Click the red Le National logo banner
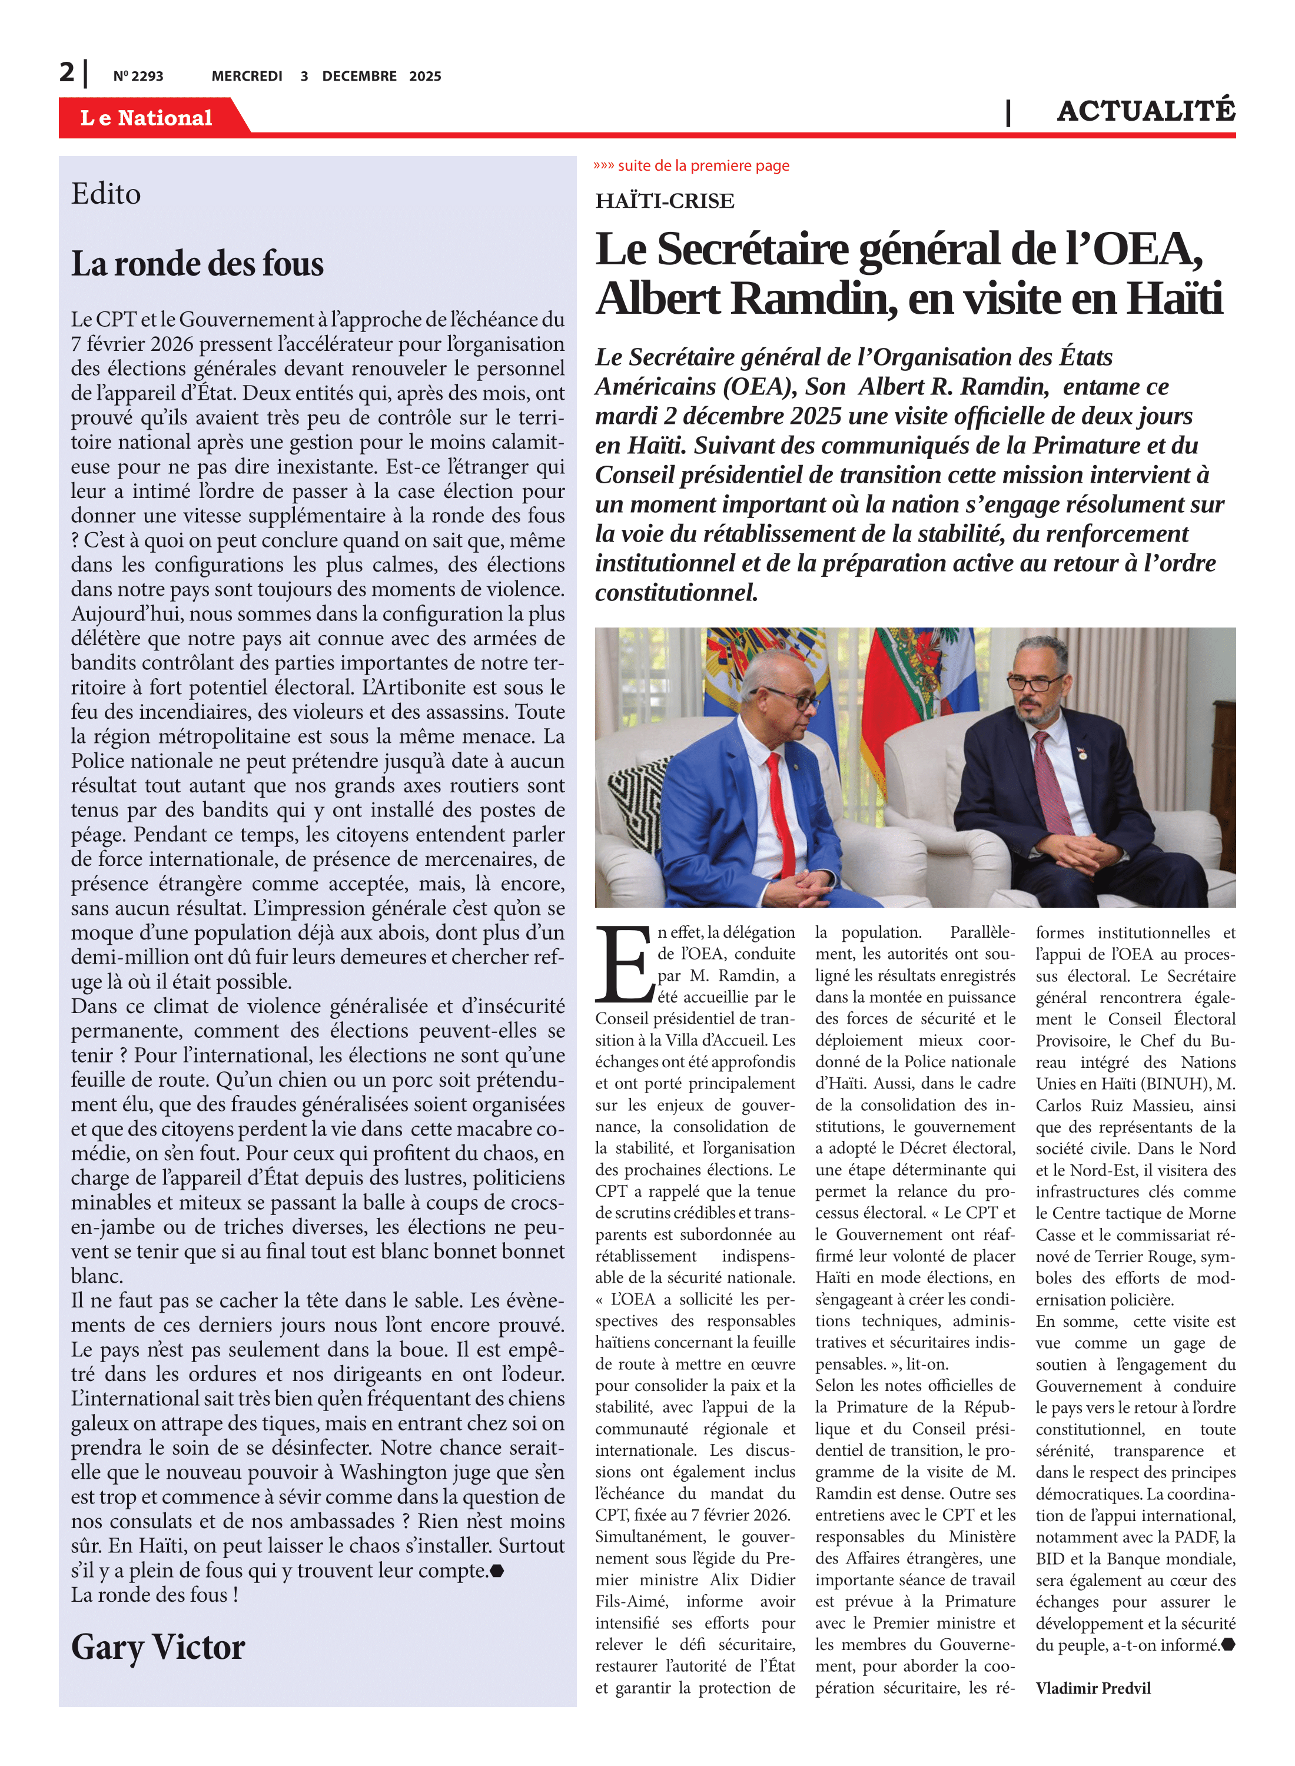[147, 118]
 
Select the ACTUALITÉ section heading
[1145, 111]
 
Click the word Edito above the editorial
[106, 194]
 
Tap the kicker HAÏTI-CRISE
[665, 201]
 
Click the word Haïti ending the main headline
[1174, 298]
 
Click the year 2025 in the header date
[425, 76]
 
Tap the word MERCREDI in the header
[247, 76]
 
